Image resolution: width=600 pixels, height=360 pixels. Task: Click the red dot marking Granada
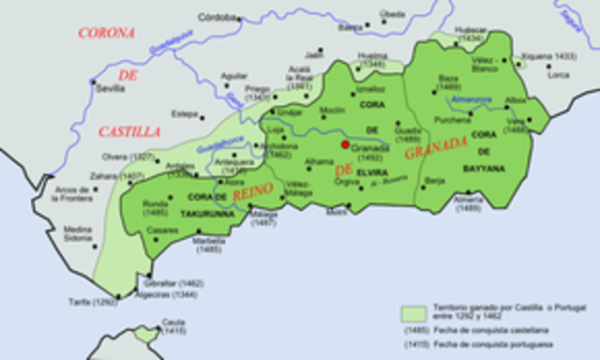pos(346,145)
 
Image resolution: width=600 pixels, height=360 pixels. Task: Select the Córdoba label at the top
pos(217,17)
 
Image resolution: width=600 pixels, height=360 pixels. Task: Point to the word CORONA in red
pos(107,33)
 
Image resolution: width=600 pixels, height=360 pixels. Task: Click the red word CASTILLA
pos(128,132)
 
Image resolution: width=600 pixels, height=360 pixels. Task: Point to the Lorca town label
pos(559,75)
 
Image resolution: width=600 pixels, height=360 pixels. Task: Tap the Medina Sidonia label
pos(79,232)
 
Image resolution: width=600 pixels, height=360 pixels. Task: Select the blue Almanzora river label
pos(469,99)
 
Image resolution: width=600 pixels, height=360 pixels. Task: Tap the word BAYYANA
pos(485,168)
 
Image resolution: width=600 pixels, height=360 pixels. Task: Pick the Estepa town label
pos(184,114)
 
